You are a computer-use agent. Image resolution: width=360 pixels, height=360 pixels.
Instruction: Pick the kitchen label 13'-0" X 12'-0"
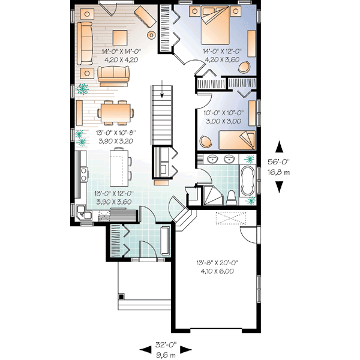pos(113,194)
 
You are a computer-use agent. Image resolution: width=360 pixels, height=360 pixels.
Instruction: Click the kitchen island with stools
pos(119,166)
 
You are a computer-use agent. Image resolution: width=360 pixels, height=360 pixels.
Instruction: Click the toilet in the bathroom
pos(231,197)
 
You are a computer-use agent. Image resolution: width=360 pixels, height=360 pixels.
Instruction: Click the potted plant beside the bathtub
pos(250,160)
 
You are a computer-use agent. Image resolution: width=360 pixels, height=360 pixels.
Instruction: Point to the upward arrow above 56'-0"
pos(280,146)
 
